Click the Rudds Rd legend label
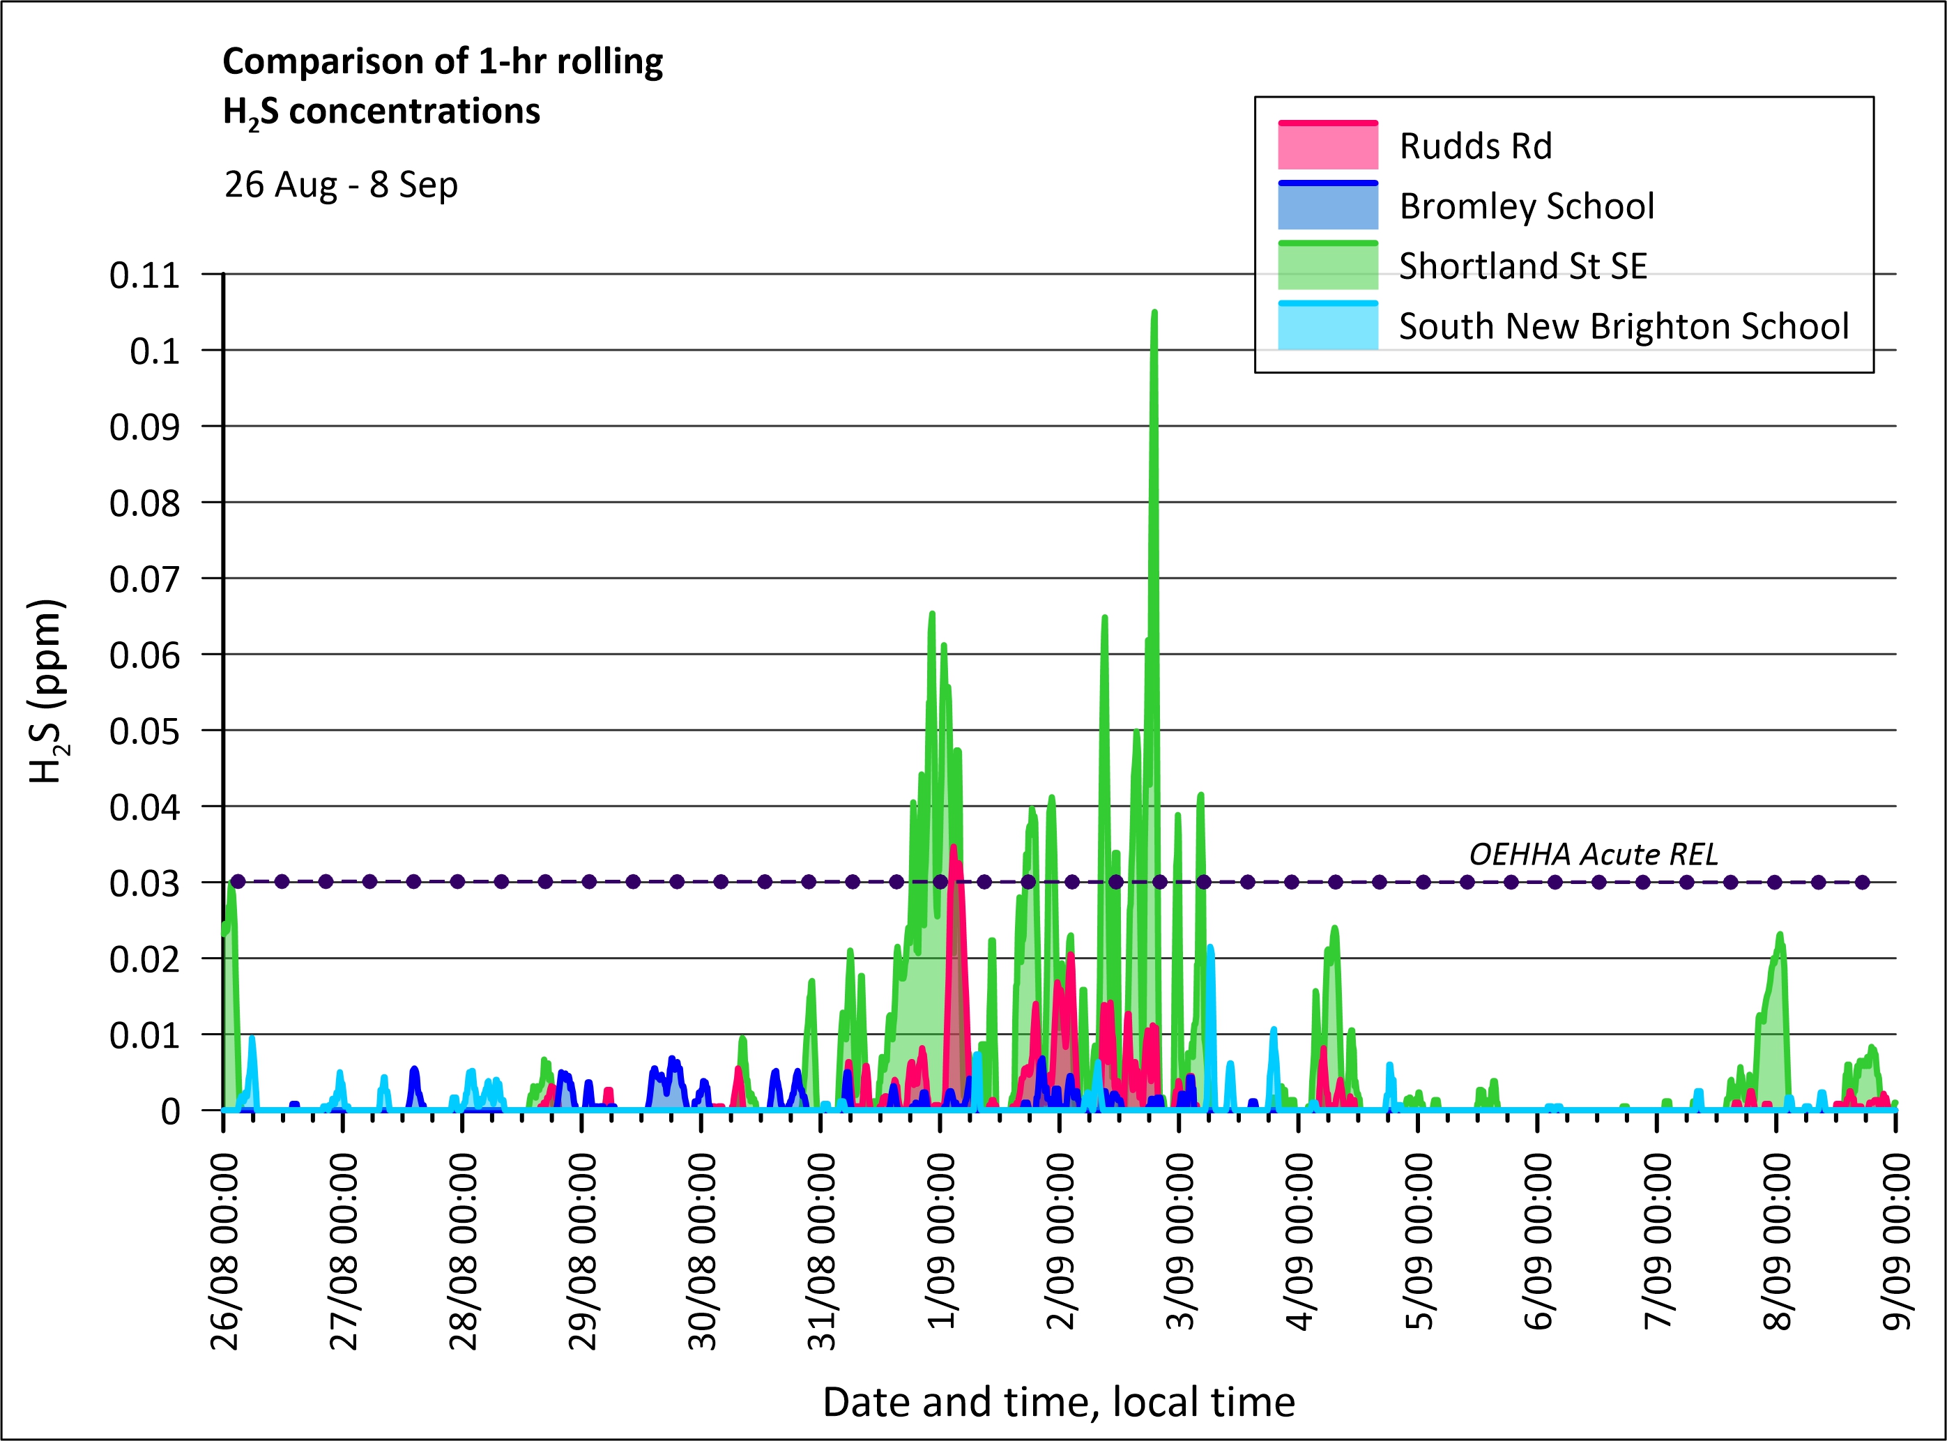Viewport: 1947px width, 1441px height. (1475, 146)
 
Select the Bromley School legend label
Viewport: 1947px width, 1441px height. (1527, 206)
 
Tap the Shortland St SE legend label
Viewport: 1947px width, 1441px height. (1523, 266)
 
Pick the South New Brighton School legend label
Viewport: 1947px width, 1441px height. (1624, 326)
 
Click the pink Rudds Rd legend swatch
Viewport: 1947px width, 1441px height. (1328, 145)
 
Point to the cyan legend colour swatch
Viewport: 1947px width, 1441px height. (1328, 326)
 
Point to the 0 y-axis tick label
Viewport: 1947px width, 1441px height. (171, 1111)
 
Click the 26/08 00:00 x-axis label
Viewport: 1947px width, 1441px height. (224, 1251)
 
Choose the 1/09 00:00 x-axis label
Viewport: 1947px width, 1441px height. (941, 1240)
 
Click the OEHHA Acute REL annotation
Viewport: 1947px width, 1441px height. (1594, 854)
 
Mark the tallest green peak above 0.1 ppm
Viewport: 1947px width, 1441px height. (1155, 312)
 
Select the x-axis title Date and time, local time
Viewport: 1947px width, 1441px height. (1059, 1402)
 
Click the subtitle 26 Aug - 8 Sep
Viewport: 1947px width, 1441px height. (341, 185)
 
